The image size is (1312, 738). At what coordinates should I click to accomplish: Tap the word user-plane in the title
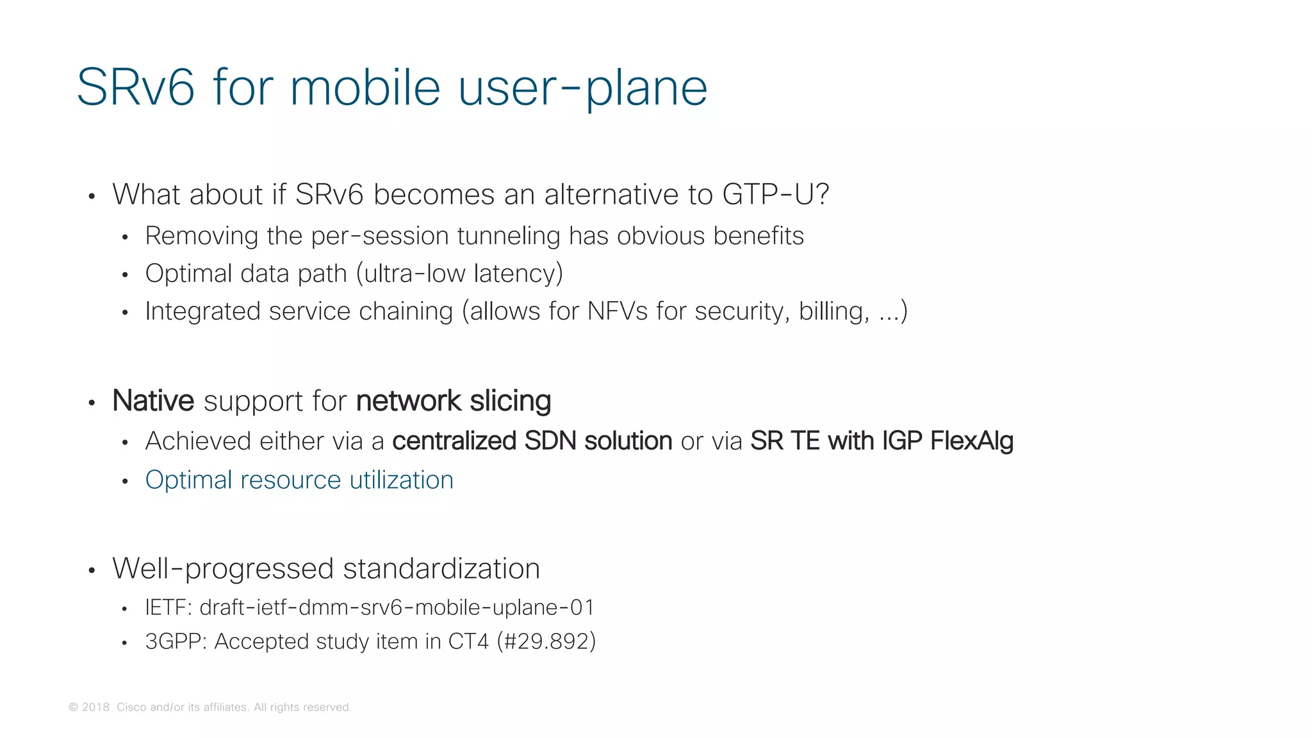click(583, 88)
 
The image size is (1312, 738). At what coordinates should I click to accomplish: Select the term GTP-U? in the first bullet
click(775, 194)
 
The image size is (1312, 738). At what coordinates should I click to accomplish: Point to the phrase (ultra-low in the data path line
click(411, 274)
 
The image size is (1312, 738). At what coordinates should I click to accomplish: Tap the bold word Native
click(153, 401)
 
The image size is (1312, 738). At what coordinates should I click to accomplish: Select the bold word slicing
click(510, 401)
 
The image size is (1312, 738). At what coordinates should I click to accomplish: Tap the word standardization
click(441, 569)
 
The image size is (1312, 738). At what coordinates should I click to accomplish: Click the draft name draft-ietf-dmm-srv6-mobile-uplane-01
click(397, 607)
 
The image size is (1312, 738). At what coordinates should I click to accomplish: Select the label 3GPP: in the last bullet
click(176, 641)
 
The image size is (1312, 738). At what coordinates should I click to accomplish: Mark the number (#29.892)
click(546, 641)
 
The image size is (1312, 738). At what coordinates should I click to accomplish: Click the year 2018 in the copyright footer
click(95, 707)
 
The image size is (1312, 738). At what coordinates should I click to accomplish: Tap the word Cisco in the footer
click(131, 707)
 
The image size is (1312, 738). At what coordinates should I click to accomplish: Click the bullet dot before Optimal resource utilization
click(125, 481)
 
